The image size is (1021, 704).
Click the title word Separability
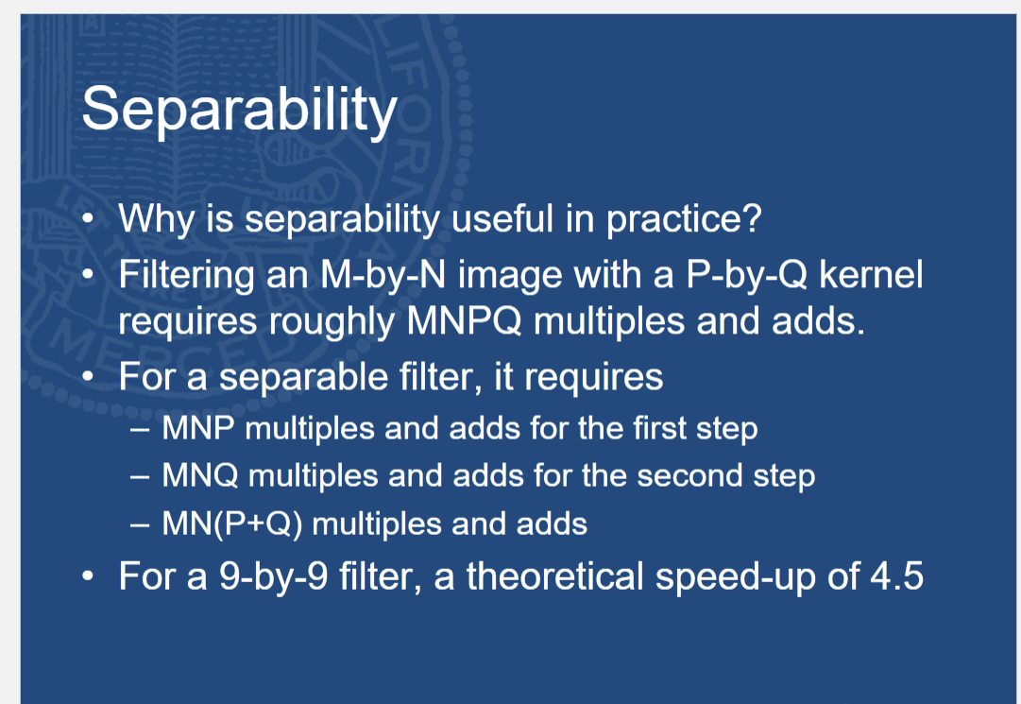click(240, 111)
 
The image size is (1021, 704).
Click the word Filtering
click(186, 276)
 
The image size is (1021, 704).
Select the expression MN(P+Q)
click(231, 523)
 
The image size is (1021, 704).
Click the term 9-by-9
click(274, 576)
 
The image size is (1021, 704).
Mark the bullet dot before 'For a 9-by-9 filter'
click(88, 576)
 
